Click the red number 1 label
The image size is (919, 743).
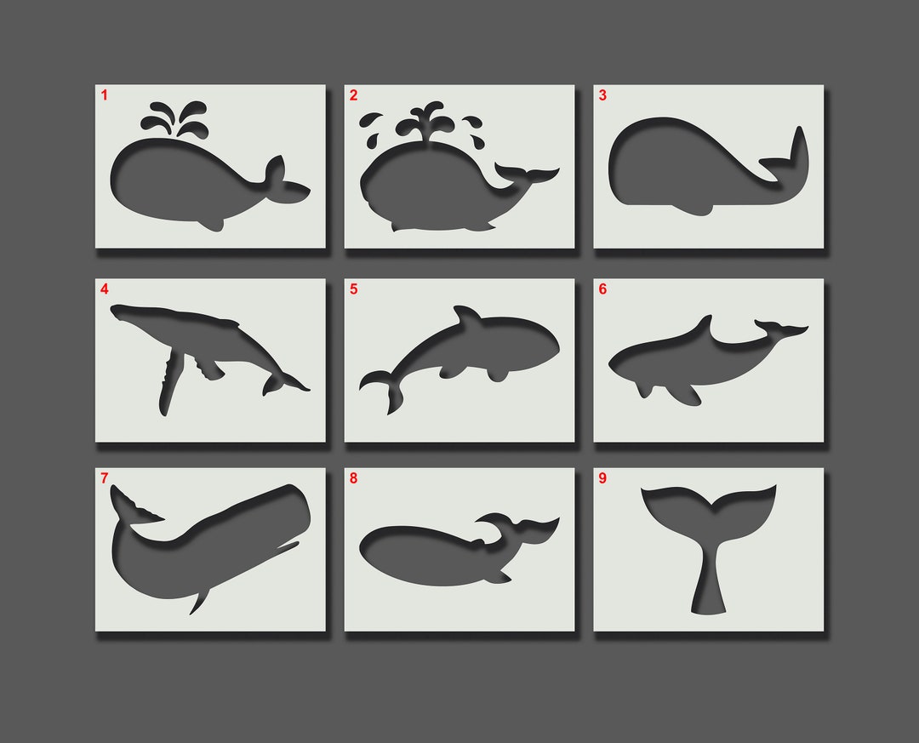[105, 95]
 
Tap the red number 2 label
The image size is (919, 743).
[353, 95]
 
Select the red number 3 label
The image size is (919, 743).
[602, 95]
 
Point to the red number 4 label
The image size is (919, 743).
[105, 289]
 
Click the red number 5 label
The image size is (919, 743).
[353, 289]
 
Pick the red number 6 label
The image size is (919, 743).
[602, 289]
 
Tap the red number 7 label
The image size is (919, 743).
[105, 478]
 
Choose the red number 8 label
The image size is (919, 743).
[353, 478]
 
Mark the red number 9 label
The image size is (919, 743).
[602, 478]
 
